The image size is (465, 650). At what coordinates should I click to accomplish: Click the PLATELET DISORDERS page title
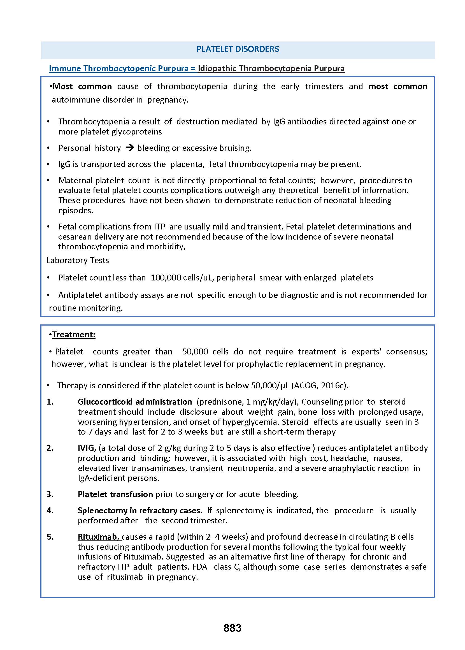(238, 49)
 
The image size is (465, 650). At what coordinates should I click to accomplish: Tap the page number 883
(232, 628)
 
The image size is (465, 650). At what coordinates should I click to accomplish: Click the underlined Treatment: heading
(74, 335)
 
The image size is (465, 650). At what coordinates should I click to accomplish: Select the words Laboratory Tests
(78, 260)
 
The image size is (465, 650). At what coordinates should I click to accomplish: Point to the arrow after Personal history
(130, 148)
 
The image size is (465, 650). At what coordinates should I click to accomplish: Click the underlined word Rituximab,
(99, 537)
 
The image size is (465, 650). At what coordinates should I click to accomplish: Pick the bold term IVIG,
(87, 448)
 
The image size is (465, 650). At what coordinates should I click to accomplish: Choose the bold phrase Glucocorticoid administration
(134, 402)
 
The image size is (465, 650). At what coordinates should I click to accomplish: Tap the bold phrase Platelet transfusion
(115, 494)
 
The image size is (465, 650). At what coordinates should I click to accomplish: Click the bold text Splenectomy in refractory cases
(139, 510)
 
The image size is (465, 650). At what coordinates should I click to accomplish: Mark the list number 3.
(50, 494)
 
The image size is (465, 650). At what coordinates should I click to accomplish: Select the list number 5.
(50, 537)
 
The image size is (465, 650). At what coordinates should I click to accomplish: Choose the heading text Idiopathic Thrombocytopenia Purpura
(271, 68)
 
